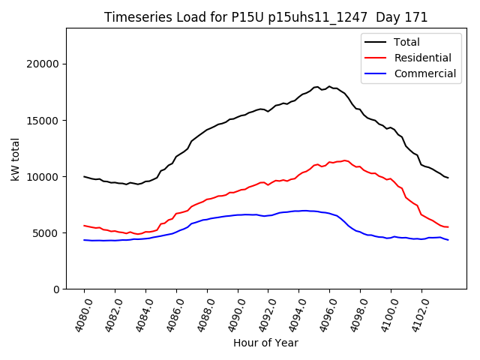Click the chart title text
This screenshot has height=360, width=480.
pyautogui.click(x=265, y=17)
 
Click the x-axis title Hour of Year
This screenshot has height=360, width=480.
pyautogui.click(x=265, y=343)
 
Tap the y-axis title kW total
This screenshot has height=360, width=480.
pyautogui.click(x=15, y=157)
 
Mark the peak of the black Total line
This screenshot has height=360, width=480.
pyautogui.click(x=328, y=86)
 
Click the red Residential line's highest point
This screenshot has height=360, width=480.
pyautogui.click(x=345, y=160)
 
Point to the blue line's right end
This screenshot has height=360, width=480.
pyautogui.click(x=448, y=240)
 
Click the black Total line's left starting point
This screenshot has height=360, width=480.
pyautogui.click(x=84, y=176)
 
